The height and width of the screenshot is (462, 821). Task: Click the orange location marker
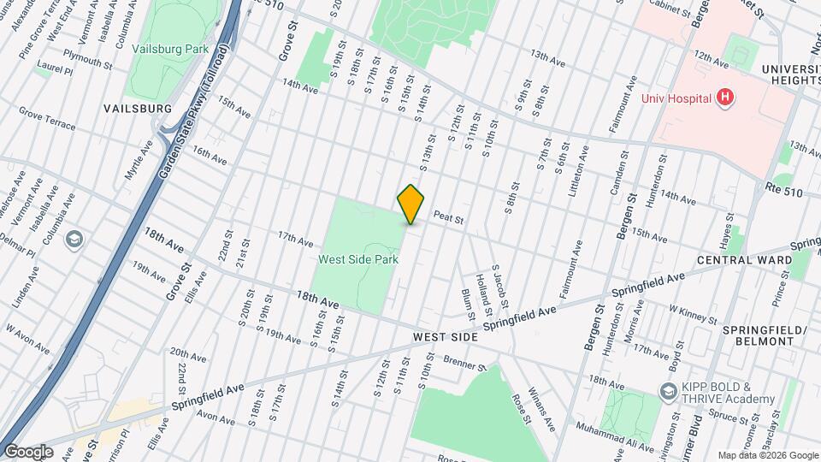pos(411,204)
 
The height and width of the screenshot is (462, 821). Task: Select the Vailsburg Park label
pos(170,49)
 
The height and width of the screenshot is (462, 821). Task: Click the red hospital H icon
pos(725,98)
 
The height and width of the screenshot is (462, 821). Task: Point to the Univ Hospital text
pos(676,98)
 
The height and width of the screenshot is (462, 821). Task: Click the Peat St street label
pos(448,219)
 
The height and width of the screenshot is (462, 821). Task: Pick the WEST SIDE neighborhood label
pos(445,338)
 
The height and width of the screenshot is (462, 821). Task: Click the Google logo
pos(28,451)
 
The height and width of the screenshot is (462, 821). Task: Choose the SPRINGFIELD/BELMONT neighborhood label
pos(765,335)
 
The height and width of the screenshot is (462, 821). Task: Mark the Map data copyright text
pos(766,455)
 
